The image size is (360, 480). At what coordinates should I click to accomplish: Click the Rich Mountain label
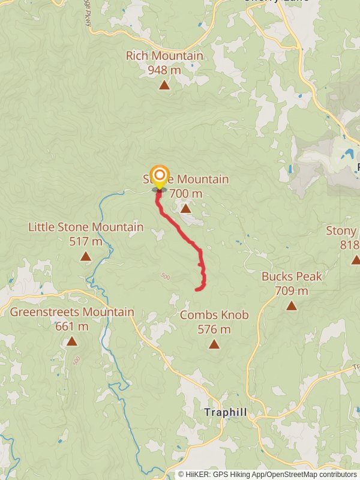coord(164,56)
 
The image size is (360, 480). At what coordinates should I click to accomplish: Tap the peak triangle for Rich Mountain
coord(164,85)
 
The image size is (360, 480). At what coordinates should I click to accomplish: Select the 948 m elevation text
coord(164,70)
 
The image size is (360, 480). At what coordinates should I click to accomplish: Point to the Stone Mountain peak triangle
coord(185,208)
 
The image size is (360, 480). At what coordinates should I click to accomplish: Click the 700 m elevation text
coord(186,194)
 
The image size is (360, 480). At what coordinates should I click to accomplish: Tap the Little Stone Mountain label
coord(86,227)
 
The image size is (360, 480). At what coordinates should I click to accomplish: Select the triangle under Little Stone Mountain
coord(86,256)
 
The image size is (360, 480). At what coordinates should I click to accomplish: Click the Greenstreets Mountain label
coord(72,313)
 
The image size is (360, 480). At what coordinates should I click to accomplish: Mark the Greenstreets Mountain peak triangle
coord(72,341)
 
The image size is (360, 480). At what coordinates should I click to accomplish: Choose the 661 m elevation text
coord(72,327)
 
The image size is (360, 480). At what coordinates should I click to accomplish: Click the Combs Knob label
coord(214,315)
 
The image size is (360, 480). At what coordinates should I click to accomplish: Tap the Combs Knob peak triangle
coord(214,344)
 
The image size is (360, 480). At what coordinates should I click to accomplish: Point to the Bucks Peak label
coord(292,277)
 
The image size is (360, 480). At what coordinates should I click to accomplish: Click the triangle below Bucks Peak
coord(292,305)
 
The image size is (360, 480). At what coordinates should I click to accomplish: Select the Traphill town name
coord(226,413)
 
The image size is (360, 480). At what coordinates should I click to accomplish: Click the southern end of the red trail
coord(196,290)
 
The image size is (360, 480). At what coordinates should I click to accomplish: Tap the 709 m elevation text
coord(292,291)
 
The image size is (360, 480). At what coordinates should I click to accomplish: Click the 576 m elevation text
coord(214,329)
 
